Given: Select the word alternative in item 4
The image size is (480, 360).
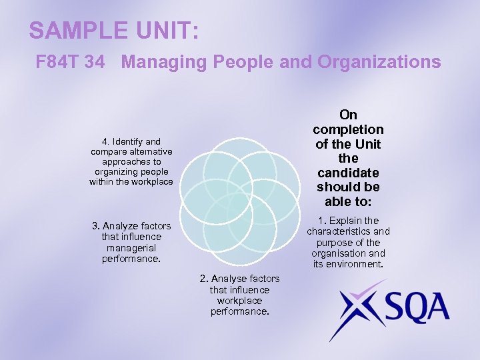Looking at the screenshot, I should pos(147,151).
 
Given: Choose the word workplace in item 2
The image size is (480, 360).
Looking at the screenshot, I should pos(239,301).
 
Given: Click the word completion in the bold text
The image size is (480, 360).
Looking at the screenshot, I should pos(348,129).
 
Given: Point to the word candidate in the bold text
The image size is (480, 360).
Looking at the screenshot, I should pos(348,173).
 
